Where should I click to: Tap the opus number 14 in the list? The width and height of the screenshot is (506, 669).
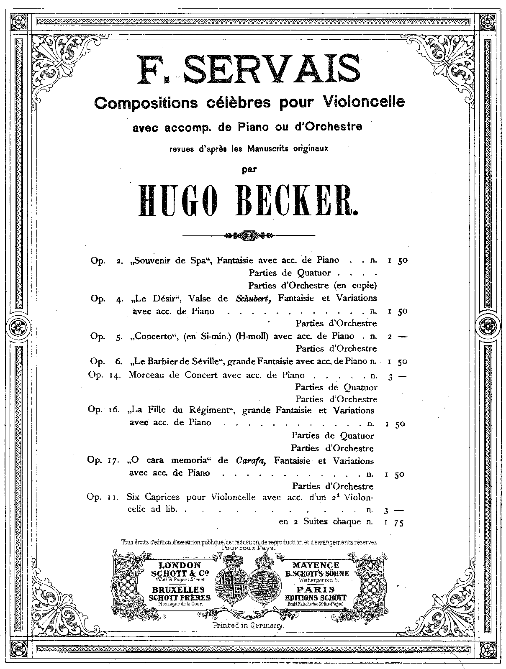click(x=114, y=375)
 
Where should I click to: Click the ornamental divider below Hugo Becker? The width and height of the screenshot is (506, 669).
click(x=249, y=235)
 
